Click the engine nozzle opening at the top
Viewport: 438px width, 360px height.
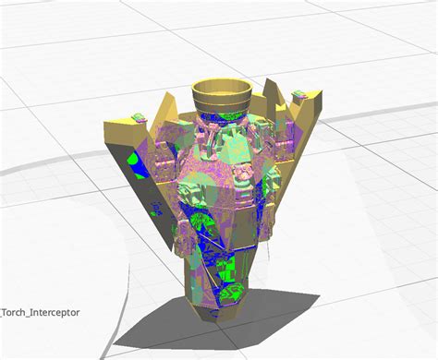[x=222, y=87]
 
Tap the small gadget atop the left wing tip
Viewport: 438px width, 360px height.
[x=139, y=117]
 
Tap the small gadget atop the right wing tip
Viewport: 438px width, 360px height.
[x=298, y=94]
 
